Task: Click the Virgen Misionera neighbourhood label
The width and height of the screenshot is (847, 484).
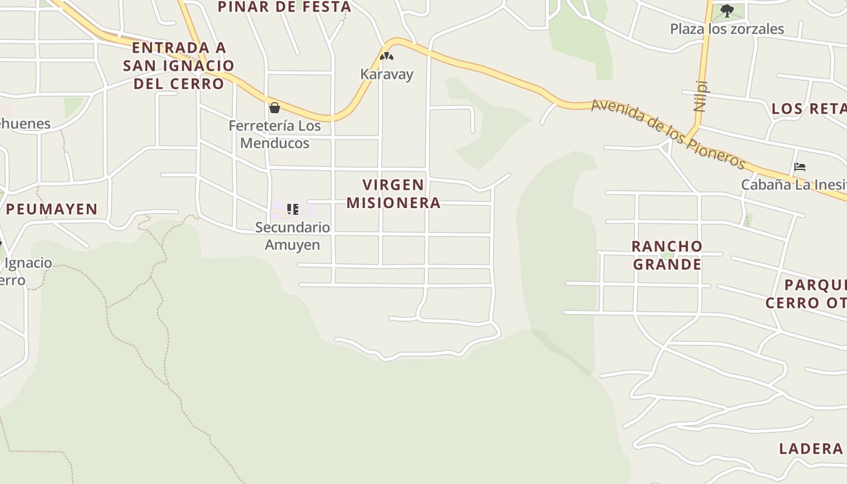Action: click(393, 194)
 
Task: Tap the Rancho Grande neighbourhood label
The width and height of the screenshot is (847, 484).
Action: click(667, 255)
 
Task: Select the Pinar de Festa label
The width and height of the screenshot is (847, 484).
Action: click(284, 7)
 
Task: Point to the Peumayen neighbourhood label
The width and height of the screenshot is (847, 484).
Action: click(52, 209)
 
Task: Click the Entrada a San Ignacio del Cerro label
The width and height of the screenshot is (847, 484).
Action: click(178, 65)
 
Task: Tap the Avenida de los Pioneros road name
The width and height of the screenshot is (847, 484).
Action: click(668, 134)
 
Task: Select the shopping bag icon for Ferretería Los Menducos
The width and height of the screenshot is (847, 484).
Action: click(275, 108)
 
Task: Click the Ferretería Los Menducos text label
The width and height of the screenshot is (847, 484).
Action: click(275, 134)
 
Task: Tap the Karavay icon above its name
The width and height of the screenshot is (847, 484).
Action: click(387, 56)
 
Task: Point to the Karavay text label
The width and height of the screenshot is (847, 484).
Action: click(387, 74)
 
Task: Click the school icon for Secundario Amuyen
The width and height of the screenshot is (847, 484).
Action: click(293, 209)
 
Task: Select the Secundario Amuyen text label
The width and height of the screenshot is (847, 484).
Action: click(293, 236)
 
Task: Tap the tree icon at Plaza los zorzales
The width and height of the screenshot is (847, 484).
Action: click(727, 10)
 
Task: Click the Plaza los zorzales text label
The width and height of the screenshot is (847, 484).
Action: click(727, 28)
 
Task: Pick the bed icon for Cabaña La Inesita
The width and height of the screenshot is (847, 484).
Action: click(800, 167)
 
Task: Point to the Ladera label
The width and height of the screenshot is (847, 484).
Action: click(811, 448)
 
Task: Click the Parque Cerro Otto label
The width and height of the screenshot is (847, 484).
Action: click(806, 293)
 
